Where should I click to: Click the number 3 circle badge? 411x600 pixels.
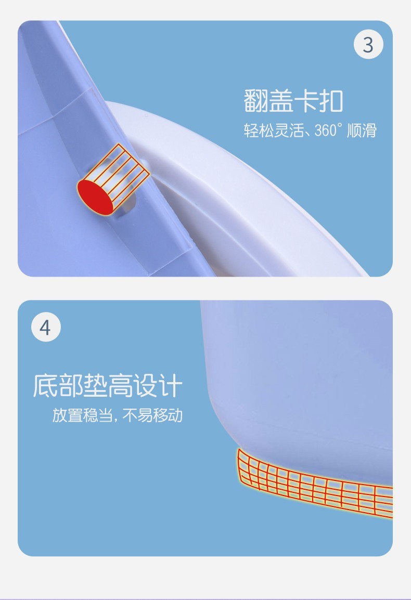(x=368, y=44)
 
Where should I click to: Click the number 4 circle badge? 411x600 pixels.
(x=46, y=328)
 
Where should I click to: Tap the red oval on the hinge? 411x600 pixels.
(x=95, y=197)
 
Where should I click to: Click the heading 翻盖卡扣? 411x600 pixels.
(x=293, y=101)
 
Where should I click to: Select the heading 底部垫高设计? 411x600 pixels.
(x=107, y=386)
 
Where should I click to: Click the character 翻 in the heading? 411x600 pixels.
(x=256, y=101)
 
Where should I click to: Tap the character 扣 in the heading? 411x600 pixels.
(x=331, y=101)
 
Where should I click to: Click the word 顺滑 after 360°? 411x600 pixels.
(x=362, y=131)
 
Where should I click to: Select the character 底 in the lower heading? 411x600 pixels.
(x=45, y=386)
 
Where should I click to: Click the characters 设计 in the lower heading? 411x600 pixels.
(x=158, y=386)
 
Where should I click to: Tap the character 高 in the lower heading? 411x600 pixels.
(x=120, y=386)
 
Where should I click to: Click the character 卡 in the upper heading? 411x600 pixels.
(x=306, y=101)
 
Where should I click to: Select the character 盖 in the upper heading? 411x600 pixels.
(x=281, y=101)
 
